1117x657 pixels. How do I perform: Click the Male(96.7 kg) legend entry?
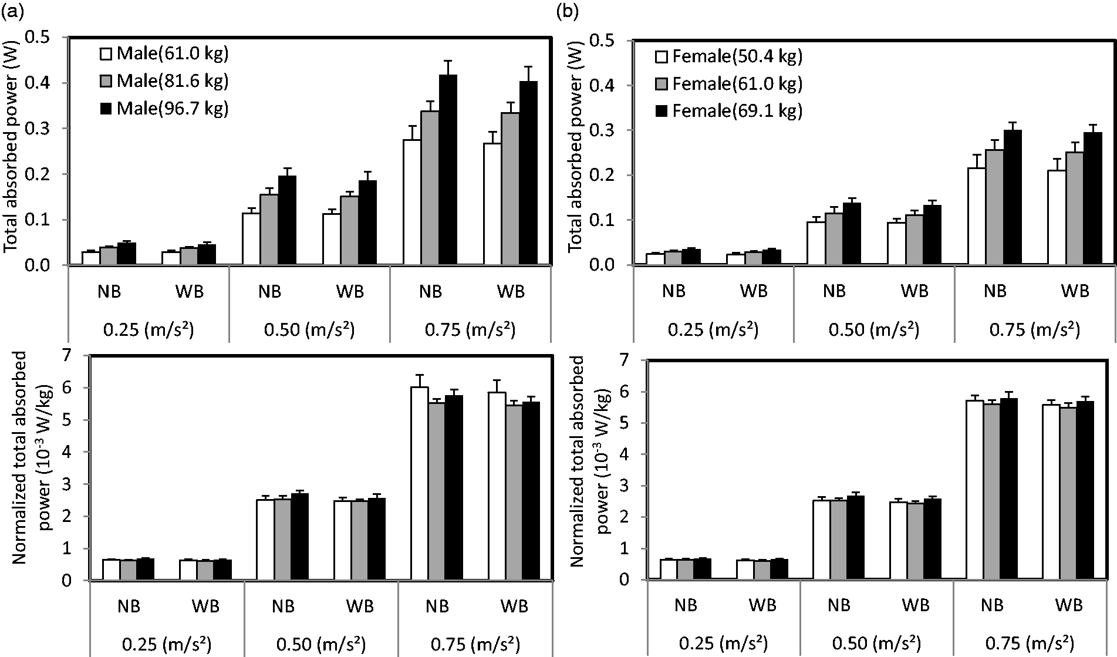[164, 109]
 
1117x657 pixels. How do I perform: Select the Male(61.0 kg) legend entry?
[164, 53]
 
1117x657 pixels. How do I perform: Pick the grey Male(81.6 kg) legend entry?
[164, 81]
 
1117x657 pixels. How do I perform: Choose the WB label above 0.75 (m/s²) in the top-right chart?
[1075, 291]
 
